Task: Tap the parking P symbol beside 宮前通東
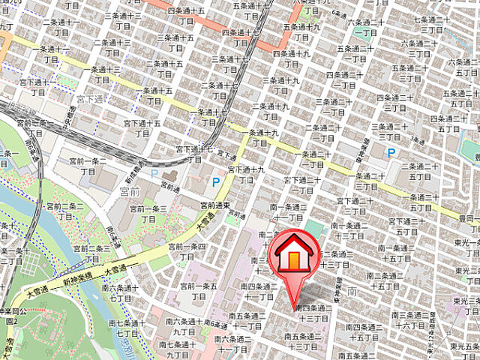tap(216, 182)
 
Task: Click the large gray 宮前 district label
tap(121, 193)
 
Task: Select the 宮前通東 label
tap(214, 204)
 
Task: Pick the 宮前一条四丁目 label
tap(185, 250)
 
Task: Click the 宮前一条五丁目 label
tap(198, 291)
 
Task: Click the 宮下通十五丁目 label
tap(142, 128)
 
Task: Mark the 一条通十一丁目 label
tap(51, 54)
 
